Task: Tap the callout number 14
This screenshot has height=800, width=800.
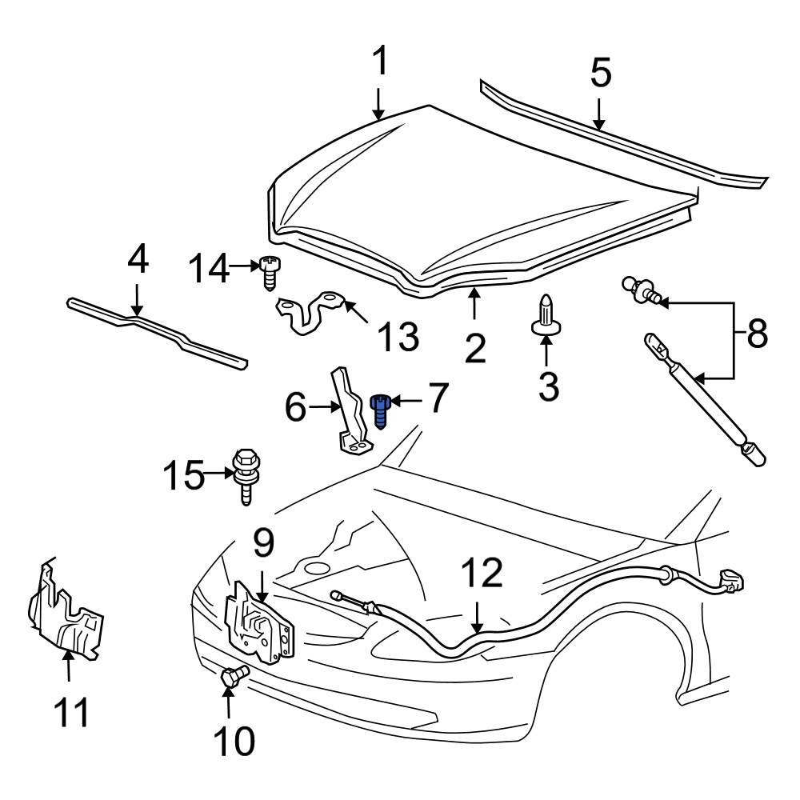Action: click(x=208, y=269)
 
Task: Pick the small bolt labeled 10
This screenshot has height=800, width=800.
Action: click(x=233, y=678)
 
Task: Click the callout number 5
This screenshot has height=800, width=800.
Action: click(x=600, y=74)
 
